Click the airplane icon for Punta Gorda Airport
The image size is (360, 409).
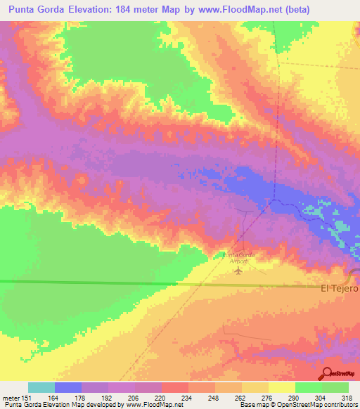(x=239, y=270)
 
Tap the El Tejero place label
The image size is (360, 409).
(x=340, y=288)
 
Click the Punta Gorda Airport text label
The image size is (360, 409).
(x=239, y=257)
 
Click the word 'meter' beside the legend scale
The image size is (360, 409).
(x=11, y=398)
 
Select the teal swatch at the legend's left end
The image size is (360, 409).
(x=41, y=387)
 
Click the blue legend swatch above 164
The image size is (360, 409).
(x=68, y=387)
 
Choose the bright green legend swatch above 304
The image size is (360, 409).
(x=309, y=387)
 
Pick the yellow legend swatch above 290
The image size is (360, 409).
(x=282, y=387)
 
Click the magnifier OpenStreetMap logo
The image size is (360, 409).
(x=328, y=373)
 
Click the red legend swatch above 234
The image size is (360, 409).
(x=175, y=387)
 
